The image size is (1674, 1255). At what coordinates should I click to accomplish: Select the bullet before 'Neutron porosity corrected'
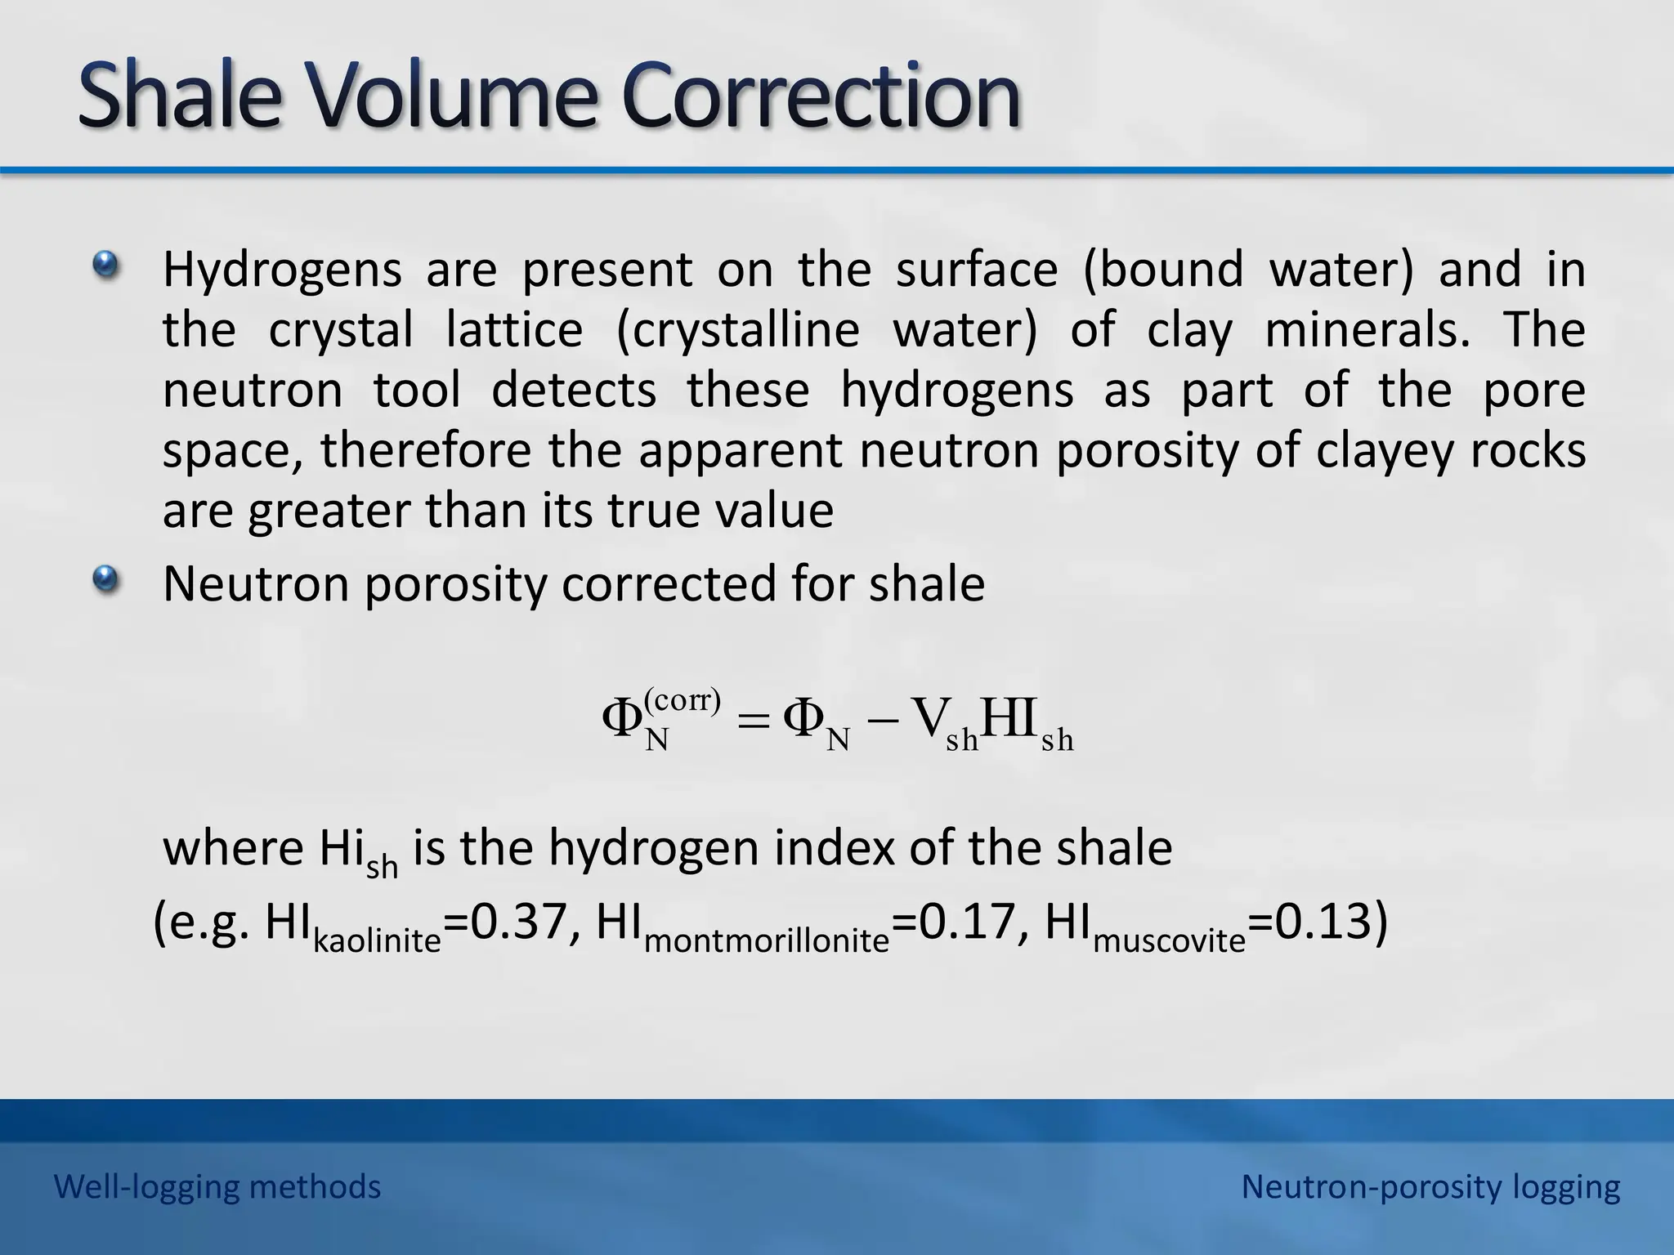(x=105, y=580)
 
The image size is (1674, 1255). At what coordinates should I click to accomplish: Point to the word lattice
(x=514, y=330)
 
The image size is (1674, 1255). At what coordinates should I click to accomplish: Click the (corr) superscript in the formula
(x=683, y=699)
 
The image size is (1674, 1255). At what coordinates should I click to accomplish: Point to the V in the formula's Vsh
(x=929, y=718)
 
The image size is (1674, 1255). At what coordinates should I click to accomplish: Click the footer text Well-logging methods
(x=217, y=1186)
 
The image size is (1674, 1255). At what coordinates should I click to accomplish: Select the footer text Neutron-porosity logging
(x=1430, y=1186)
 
